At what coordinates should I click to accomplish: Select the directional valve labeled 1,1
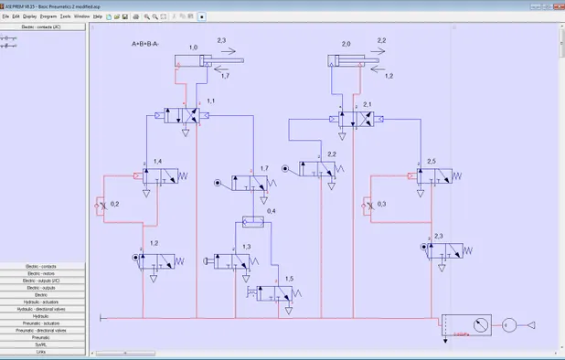pos(186,116)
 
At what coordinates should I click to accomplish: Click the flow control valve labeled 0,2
pos(99,207)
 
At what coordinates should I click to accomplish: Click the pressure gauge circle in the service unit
pos(468,324)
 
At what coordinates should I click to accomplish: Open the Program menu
pos(48,16)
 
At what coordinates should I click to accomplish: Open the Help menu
pos(98,16)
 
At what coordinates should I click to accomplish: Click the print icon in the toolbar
pos(136,16)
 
